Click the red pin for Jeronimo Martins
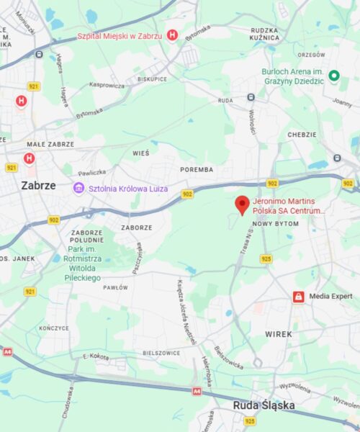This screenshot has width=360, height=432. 243,204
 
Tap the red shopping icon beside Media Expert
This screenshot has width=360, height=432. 297,297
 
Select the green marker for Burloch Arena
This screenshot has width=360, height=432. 333,76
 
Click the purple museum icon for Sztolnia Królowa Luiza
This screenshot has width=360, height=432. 77,188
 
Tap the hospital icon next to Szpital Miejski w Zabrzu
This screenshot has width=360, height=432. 172,35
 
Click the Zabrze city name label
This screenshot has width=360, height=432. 38,185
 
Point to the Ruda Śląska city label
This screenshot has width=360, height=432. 264,405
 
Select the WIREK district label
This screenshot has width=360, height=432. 279,334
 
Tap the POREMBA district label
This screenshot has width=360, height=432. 197,170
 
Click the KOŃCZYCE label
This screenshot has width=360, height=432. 53,328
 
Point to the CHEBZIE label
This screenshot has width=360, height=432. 302,135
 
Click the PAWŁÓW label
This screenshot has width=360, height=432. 115,287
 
